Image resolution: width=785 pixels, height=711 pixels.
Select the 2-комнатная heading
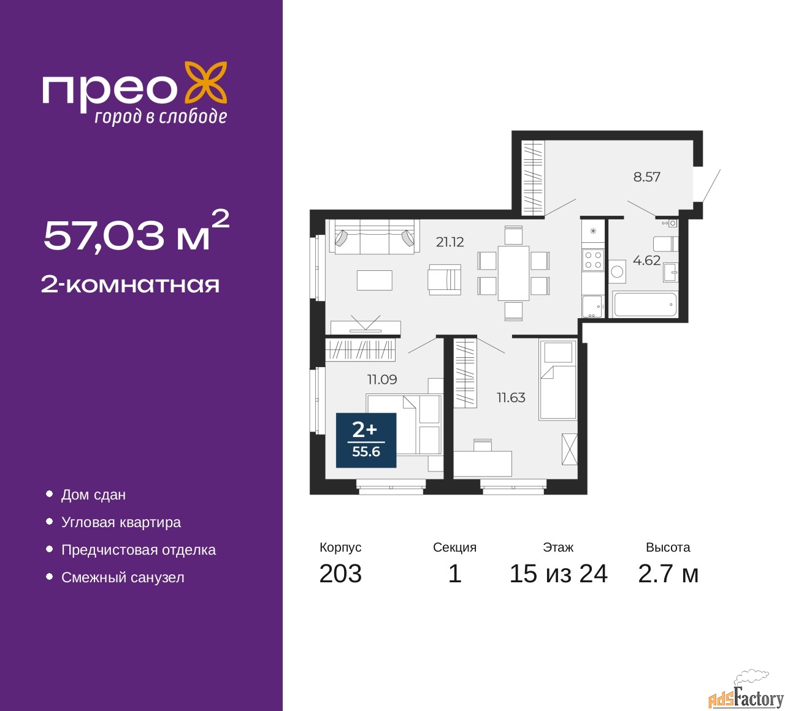(130, 285)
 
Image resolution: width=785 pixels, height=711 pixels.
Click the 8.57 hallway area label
(646, 177)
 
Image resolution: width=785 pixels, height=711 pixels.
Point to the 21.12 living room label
(450, 242)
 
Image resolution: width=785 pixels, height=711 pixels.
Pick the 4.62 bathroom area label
(646, 260)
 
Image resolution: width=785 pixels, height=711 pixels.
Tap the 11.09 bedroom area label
(382, 379)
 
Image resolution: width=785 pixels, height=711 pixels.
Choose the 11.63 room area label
(511, 398)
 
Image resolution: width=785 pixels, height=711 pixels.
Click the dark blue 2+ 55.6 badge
(366, 440)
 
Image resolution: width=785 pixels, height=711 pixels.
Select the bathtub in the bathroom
(645, 305)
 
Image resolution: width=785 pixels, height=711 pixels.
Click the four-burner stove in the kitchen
(592, 260)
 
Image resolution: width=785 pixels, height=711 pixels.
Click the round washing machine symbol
(617, 272)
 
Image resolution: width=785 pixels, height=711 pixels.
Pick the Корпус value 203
(340, 573)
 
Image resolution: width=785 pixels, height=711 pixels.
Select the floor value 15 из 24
(559, 573)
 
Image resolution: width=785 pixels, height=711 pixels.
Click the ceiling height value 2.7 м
(668, 573)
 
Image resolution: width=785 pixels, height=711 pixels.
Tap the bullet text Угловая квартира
(121, 522)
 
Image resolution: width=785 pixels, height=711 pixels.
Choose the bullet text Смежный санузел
(123, 577)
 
